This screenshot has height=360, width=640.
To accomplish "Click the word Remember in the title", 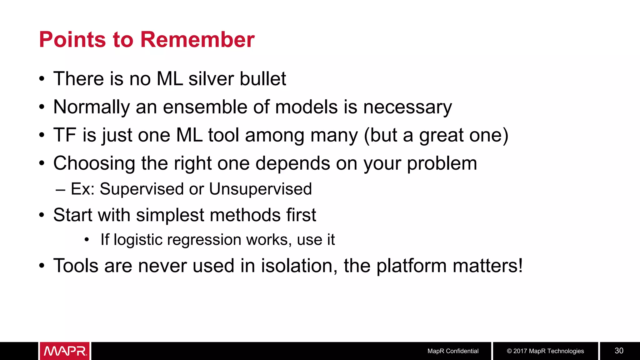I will (x=197, y=40).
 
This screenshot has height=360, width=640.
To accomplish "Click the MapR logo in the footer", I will (x=65, y=351).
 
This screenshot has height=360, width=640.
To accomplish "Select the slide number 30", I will (x=619, y=351).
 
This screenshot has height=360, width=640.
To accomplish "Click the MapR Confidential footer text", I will (x=453, y=351).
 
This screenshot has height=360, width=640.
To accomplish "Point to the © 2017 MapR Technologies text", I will (x=545, y=351).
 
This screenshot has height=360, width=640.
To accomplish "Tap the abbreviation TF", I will (x=65, y=135).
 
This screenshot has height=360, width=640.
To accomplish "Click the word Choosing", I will (x=94, y=163).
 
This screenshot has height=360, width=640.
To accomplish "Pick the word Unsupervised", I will (x=260, y=189).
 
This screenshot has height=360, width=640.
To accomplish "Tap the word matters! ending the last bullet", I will (x=487, y=266).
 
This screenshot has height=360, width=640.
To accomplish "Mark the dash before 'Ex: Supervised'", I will (x=60, y=190).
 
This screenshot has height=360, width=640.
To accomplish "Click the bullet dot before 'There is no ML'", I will (x=42, y=79).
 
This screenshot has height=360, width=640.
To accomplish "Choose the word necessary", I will (x=407, y=107).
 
